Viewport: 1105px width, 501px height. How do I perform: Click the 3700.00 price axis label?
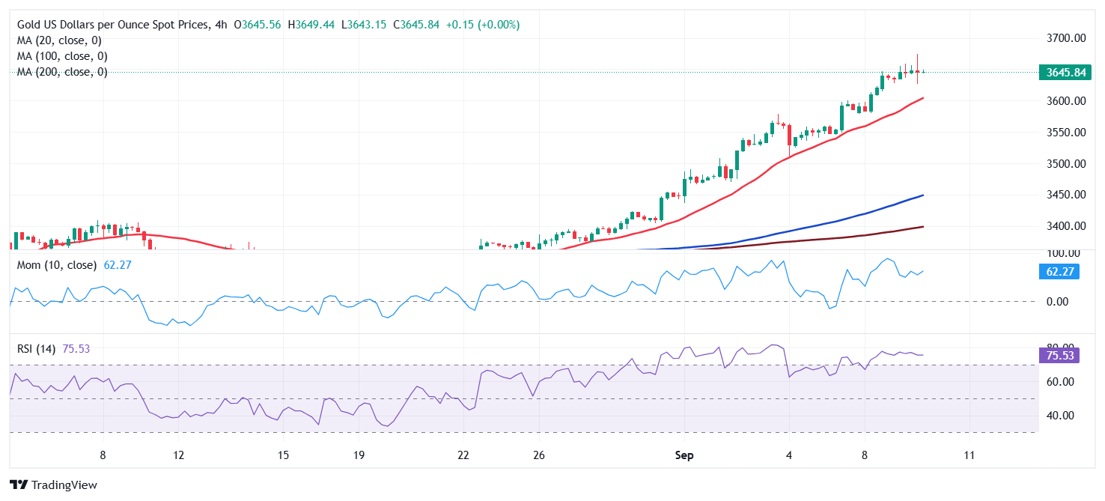coord(1065,37)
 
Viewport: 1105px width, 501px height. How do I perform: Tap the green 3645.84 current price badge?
coord(1065,73)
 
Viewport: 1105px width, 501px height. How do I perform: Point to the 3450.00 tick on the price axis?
coord(1065,195)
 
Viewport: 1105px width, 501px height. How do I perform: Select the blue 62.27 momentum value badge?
coord(1059,271)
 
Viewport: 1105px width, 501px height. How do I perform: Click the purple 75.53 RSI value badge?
coord(1059,355)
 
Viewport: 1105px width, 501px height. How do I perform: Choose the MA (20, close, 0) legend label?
coord(59,40)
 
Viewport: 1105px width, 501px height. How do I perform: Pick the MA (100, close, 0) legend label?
coord(62,56)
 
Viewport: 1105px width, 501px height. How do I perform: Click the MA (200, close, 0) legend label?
coord(62,72)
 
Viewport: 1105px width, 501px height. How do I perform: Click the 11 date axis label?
coord(969,455)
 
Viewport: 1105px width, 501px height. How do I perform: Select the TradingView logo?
coord(54,485)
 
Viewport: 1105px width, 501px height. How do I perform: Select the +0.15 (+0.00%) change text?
coord(482,25)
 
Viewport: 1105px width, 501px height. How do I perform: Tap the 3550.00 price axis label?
coord(1065,132)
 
